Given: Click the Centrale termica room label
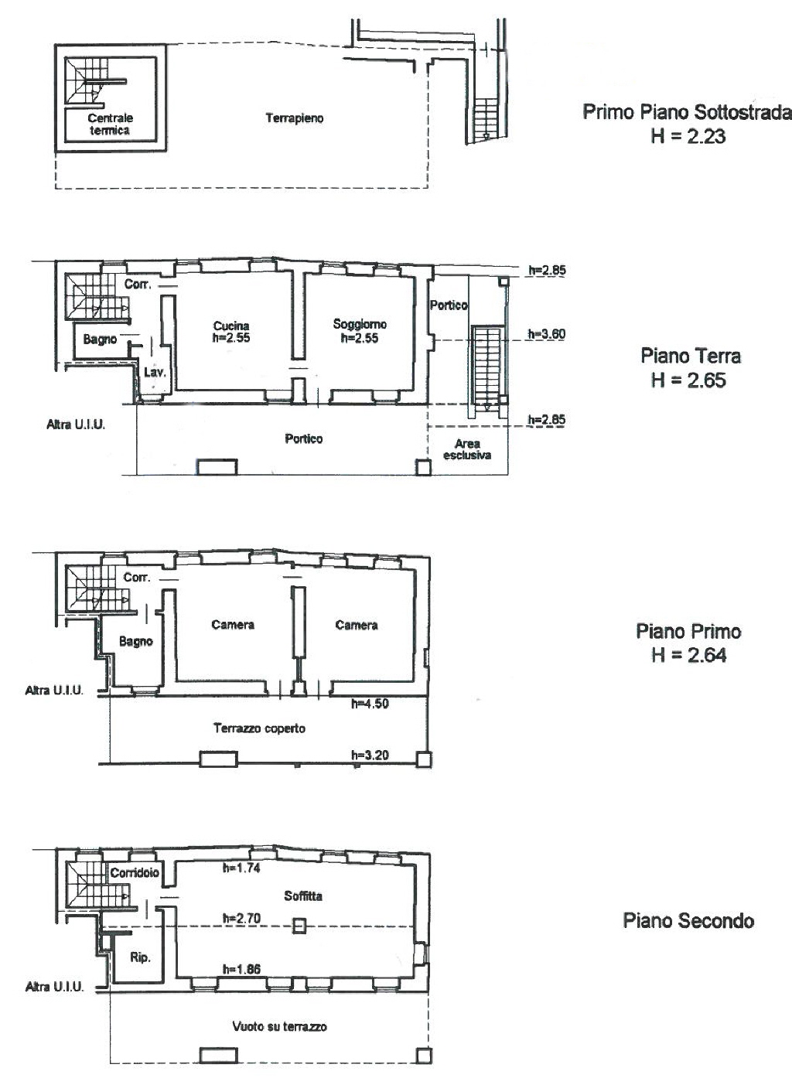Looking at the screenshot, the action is pyautogui.click(x=110, y=125).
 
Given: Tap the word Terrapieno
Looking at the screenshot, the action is pyautogui.click(x=294, y=118).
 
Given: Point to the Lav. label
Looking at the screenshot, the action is pyautogui.click(x=155, y=372).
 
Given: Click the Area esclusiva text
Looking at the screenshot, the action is pyautogui.click(x=467, y=449).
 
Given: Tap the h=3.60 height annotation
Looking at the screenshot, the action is pyautogui.click(x=547, y=333).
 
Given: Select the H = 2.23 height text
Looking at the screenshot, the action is pyautogui.click(x=688, y=136).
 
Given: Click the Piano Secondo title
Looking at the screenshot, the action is pyautogui.click(x=688, y=920).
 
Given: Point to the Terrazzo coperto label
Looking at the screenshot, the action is pyautogui.click(x=260, y=728).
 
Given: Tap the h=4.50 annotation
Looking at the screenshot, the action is pyautogui.click(x=370, y=704).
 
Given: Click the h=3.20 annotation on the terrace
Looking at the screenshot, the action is pyautogui.click(x=370, y=755).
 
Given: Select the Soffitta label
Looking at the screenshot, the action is pyautogui.click(x=303, y=895).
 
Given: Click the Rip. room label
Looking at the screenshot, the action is pyautogui.click(x=140, y=957).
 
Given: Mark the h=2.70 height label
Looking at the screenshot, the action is pyautogui.click(x=241, y=918).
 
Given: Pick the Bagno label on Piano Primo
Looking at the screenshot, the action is pyautogui.click(x=136, y=642).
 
